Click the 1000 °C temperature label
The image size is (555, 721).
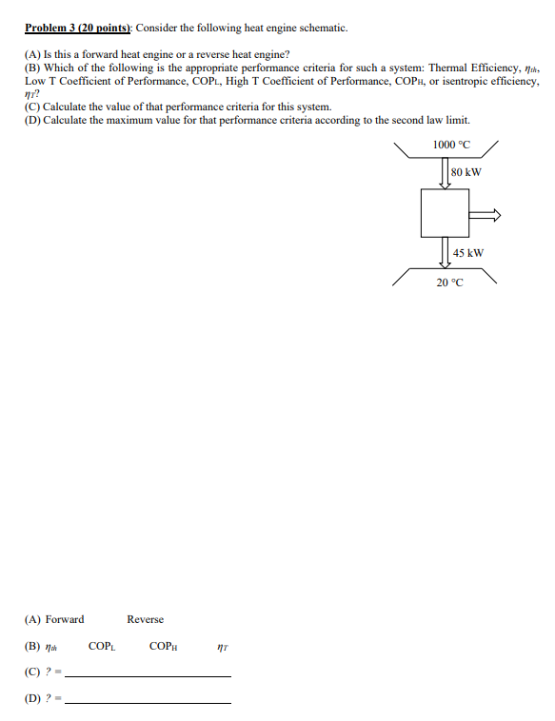[x=451, y=145]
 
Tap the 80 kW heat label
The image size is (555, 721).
[x=466, y=172]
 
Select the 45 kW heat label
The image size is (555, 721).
[x=468, y=253]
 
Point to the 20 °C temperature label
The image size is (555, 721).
[x=449, y=283]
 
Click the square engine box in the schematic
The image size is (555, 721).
[x=445, y=213]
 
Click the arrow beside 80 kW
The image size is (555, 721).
[x=445, y=172]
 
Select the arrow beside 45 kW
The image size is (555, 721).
[x=445, y=253]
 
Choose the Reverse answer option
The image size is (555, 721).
[x=145, y=619]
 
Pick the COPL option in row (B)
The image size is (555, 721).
[x=102, y=647]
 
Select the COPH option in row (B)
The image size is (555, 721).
[x=164, y=647]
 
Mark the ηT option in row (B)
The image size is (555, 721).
[x=223, y=647]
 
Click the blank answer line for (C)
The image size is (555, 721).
[x=148, y=675]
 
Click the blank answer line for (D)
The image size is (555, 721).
[x=148, y=702]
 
